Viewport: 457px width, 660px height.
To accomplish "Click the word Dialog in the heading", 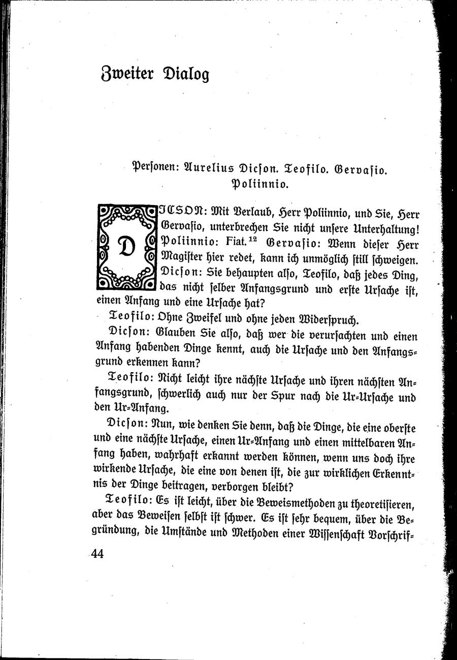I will pyautogui.click(x=185, y=75).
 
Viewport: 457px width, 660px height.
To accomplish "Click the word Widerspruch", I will pyautogui.click(x=330, y=321).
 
